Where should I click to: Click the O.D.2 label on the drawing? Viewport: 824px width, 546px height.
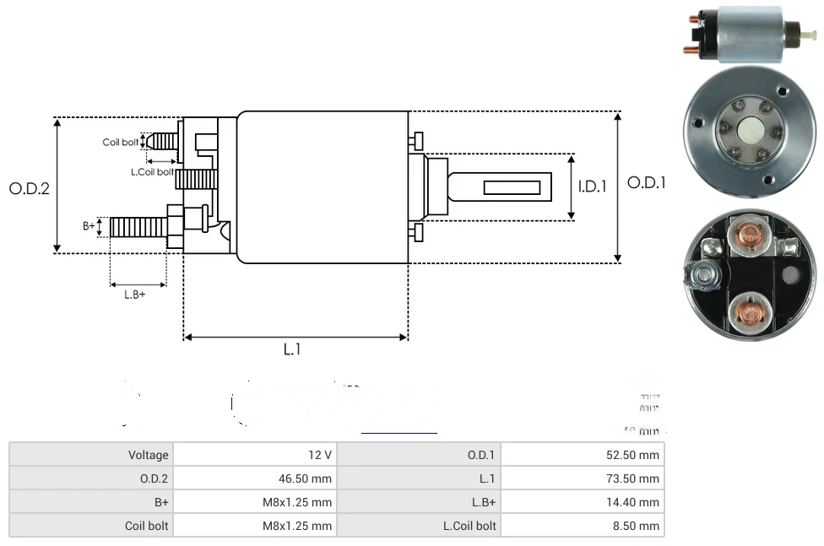(x=30, y=188)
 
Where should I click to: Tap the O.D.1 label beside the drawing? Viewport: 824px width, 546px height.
(x=646, y=182)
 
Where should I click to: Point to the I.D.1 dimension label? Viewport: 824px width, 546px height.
(x=592, y=187)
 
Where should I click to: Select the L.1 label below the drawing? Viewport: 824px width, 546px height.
(x=292, y=349)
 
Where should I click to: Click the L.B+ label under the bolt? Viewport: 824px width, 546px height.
(x=135, y=295)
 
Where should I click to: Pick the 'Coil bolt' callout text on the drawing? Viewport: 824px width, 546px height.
(x=121, y=142)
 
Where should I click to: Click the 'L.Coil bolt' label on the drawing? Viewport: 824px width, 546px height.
(x=152, y=172)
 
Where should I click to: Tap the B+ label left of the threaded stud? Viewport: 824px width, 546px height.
(x=89, y=226)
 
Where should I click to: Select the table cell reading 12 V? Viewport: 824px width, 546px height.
(x=320, y=455)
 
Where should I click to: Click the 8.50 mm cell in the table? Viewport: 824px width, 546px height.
(x=640, y=526)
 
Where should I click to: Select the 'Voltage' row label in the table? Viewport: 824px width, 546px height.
(x=149, y=455)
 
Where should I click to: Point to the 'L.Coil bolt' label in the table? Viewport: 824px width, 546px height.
(x=469, y=526)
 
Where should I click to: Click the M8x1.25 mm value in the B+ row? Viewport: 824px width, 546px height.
(x=297, y=502)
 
